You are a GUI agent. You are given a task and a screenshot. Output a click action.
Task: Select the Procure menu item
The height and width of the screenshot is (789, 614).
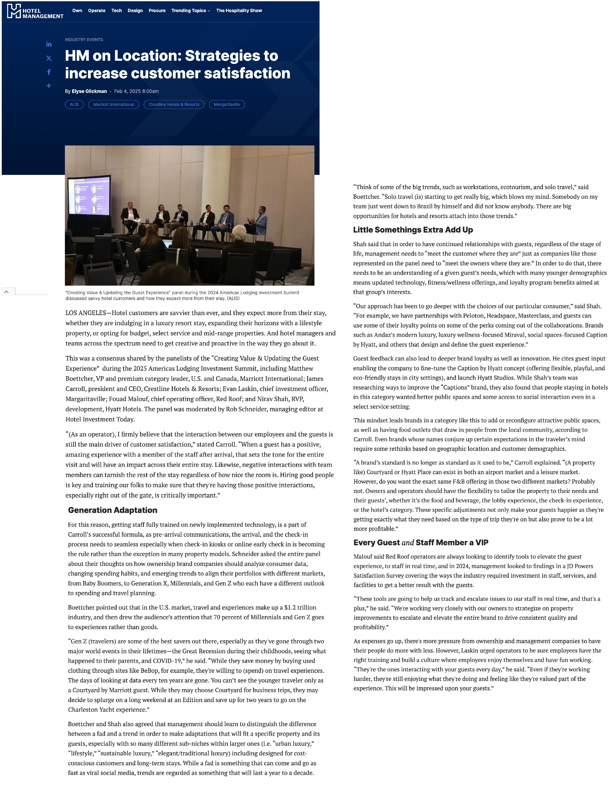point(157,11)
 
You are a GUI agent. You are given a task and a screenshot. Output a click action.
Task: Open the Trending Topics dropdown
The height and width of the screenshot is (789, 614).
point(191,11)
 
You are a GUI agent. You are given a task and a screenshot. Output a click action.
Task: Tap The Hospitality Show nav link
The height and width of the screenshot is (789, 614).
point(239,11)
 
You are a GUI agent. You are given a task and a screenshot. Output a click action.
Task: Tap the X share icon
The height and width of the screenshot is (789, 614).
point(49,58)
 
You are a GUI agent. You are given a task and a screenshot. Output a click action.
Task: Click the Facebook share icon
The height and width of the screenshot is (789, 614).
point(49,72)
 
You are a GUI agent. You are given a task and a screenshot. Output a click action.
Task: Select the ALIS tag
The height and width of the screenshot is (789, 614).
point(74,104)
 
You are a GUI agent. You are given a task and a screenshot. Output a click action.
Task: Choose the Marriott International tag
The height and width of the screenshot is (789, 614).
point(113,104)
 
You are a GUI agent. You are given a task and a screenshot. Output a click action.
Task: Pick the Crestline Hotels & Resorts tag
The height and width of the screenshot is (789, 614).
point(174,104)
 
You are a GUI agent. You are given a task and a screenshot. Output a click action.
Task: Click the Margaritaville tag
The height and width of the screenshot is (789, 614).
point(227,104)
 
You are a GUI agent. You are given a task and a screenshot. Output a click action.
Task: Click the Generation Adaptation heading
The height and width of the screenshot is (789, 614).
point(112,510)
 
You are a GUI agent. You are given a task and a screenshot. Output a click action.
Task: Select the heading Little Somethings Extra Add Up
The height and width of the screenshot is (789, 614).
point(413,230)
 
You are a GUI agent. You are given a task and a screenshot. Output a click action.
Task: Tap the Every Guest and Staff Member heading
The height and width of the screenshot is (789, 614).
point(421,543)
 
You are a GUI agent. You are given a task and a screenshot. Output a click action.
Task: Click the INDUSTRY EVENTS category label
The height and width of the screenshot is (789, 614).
point(84,40)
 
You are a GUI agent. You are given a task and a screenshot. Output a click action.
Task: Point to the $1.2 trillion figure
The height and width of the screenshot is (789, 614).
point(300,608)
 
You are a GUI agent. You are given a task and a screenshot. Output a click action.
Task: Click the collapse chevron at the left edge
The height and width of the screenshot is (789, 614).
point(7,291)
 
